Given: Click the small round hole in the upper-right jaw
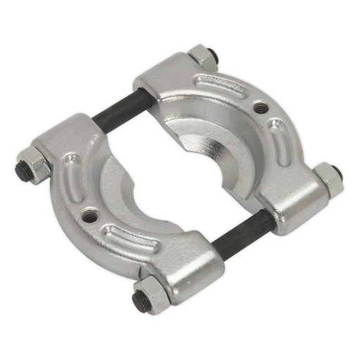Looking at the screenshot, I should point(261,107).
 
